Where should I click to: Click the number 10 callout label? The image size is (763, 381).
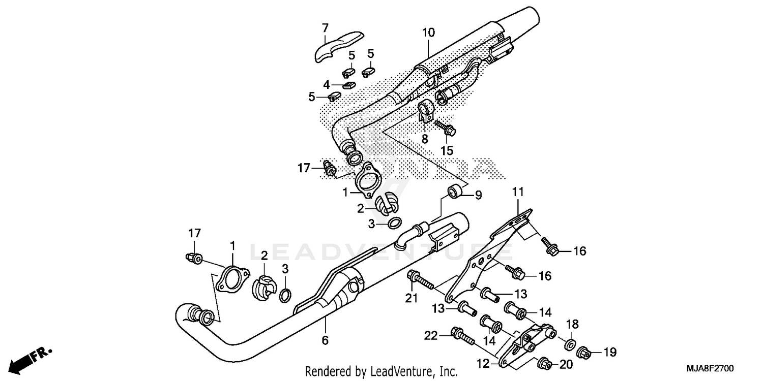pyautogui.click(x=428, y=33)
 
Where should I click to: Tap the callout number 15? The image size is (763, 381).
pyautogui.click(x=446, y=150)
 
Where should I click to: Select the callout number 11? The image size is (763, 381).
pyautogui.click(x=517, y=192)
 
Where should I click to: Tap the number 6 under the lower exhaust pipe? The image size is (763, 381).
pyautogui.click(x=325, y=340)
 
